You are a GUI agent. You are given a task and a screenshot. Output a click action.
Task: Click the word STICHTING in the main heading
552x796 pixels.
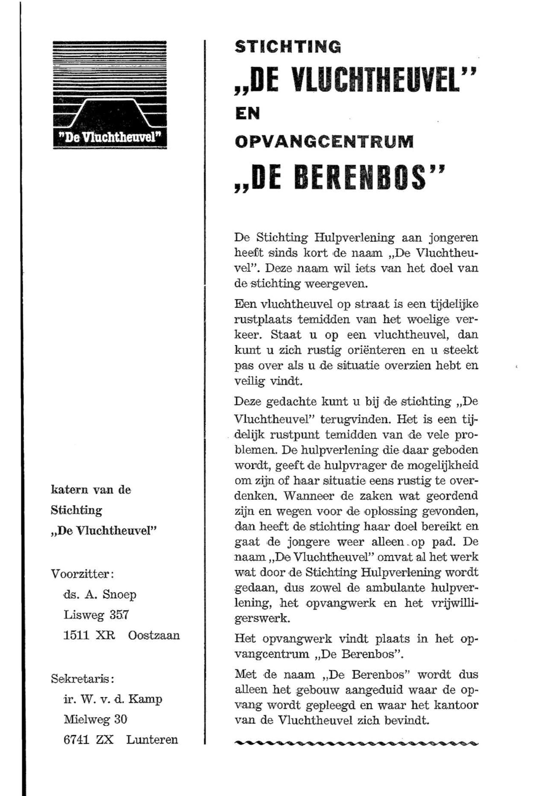pos(288,47)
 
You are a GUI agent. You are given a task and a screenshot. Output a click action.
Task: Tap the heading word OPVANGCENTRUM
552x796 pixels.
pos(324,142)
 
